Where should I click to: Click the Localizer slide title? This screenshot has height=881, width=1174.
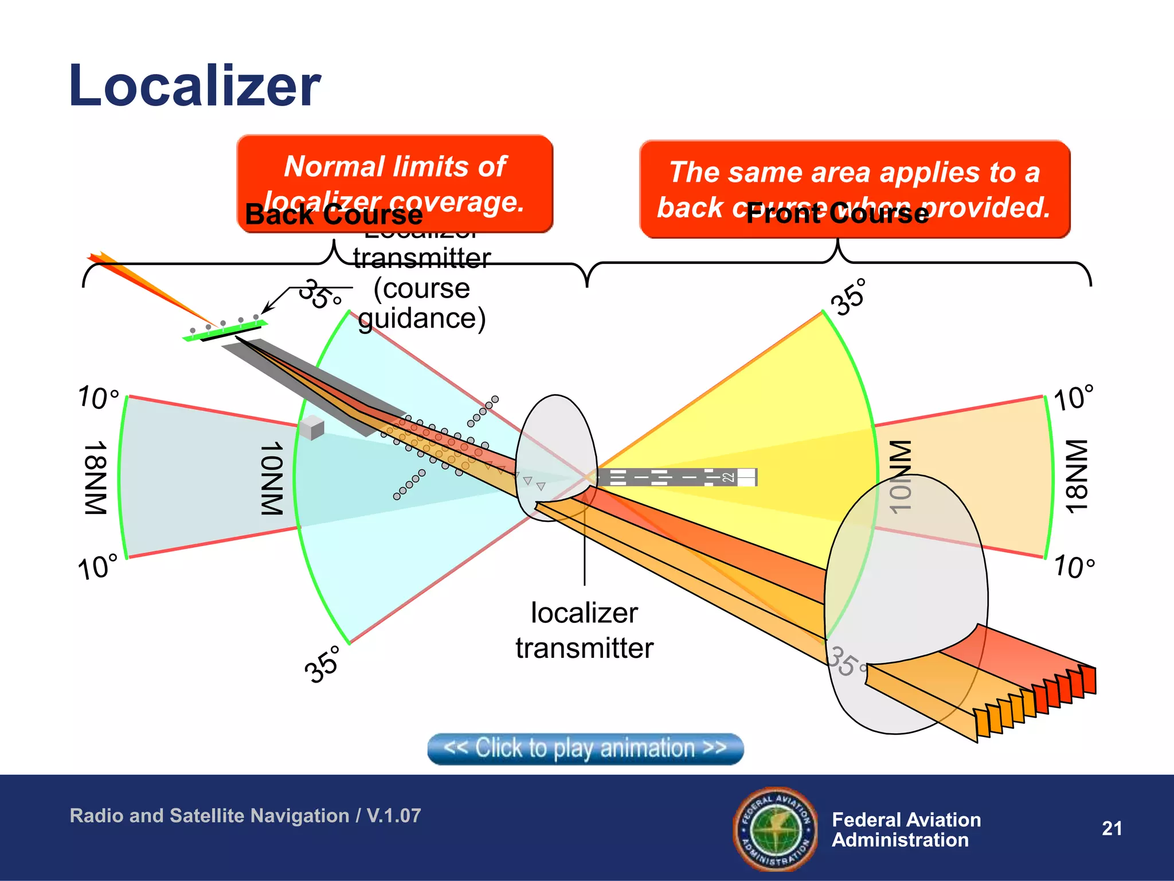click(194, 86)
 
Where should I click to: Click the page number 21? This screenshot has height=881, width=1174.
click(1112, 828)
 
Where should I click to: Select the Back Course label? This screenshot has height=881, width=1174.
click(334, 215)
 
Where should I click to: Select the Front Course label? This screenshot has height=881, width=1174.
click(837, 213)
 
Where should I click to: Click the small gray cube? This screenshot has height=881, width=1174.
click(311, 428)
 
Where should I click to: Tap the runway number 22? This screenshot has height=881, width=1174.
click(728, 477)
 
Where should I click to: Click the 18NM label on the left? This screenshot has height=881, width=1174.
click(96, 477)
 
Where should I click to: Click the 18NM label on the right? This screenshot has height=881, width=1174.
click(1077, 476)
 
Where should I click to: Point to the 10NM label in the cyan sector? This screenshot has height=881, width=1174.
click(272, 478)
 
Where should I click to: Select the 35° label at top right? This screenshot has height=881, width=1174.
click(850, 297)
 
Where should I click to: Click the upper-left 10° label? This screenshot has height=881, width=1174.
click(99, 397)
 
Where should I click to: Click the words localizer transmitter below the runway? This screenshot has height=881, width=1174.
click(584, 630)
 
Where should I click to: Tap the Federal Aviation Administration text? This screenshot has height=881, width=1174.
click(906, 829)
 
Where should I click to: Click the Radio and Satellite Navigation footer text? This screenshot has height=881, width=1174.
click(245, 816)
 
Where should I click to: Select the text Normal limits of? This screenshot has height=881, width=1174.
click(395, 167)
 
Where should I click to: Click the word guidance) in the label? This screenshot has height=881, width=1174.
click(422, 318)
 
